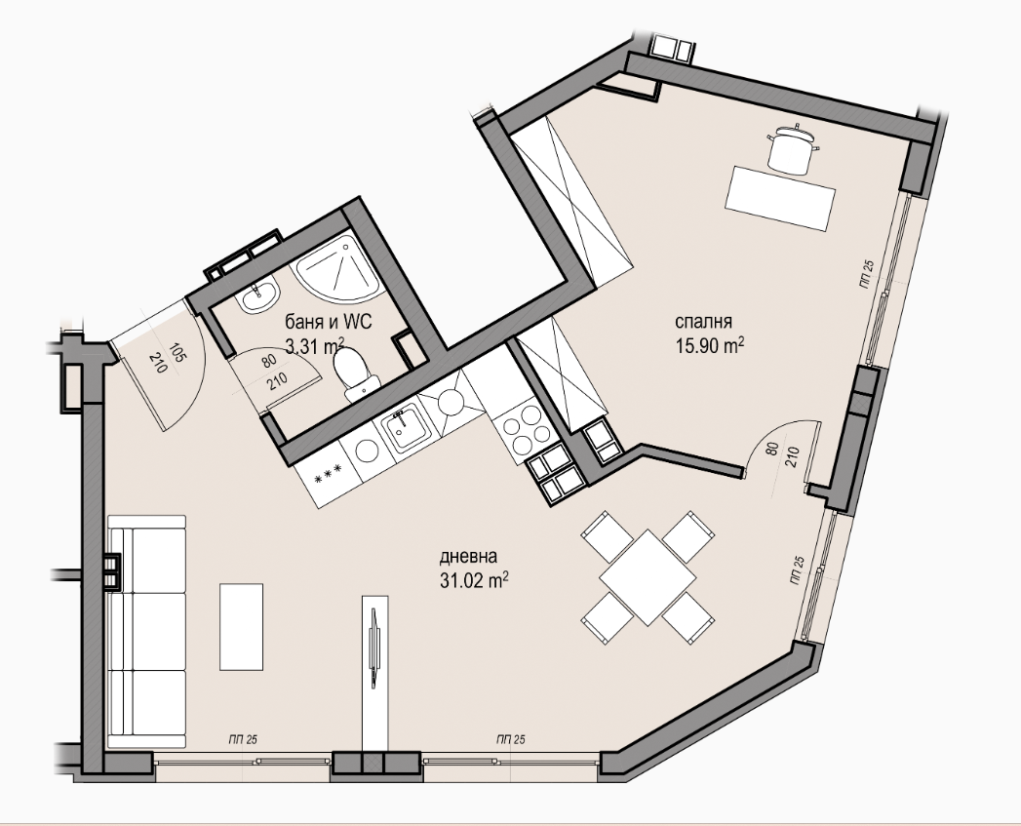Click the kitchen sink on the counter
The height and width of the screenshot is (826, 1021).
tap(405, 426)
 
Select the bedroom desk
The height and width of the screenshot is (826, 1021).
tap(780, 198)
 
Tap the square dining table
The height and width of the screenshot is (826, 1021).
tap(648, 577)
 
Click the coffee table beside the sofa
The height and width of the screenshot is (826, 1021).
tap(242, 627)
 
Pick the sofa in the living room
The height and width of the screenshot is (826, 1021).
tap(147, 632)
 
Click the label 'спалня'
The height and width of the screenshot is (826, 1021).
tap(703, 322)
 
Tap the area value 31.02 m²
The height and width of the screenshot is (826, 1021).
tap(474, 580)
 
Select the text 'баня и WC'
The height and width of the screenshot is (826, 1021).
tap(329, 322)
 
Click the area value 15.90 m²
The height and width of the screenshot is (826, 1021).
tap(710, 345)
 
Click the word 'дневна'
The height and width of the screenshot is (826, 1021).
tap(469, 557)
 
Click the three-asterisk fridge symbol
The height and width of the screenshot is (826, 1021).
tap(329, 480)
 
